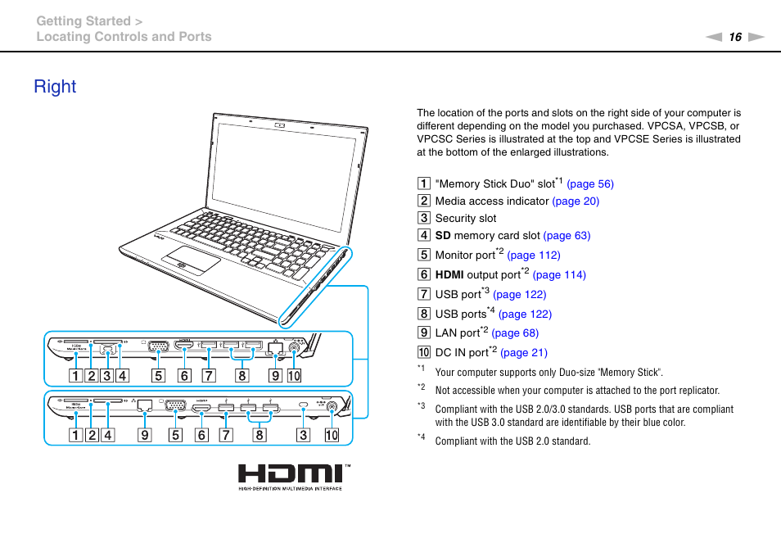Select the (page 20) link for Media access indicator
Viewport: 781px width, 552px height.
[576, 201]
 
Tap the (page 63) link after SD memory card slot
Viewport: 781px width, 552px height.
[566, 236]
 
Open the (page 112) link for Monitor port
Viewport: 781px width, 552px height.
[534, 256]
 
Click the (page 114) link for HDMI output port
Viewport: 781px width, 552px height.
[559, 275]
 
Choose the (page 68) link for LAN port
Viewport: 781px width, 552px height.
[515, 333]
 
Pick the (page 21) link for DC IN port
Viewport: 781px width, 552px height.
[523, 353]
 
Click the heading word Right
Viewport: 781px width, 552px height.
[55, 87]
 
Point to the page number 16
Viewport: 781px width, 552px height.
[735, 37]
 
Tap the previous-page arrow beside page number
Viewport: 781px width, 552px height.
[715, 37]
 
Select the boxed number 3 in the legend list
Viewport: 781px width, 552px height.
[423, 219]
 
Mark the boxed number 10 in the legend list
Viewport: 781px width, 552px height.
[423, 353]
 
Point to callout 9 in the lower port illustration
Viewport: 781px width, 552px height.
[144, 436]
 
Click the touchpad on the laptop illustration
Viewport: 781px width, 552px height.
[190, 262]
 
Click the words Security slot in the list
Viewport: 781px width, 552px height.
[465, 219]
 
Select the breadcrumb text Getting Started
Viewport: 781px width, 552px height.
[83, 21]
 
